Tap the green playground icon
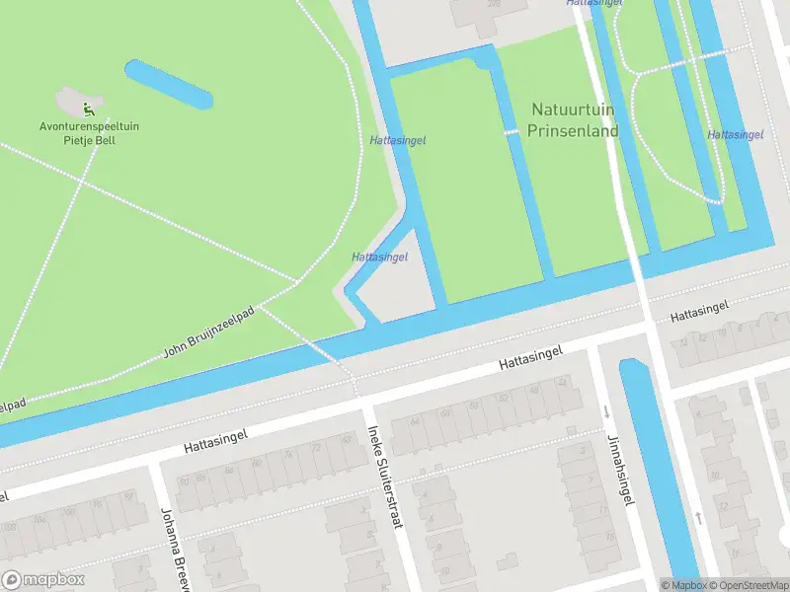[87, 109]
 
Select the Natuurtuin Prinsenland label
[574, 119]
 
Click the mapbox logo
[43, 580]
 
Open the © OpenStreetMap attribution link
[746, 585]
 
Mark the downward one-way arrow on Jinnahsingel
[606, 411]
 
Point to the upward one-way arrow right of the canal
[699, 517]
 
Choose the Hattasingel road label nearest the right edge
[699, 313]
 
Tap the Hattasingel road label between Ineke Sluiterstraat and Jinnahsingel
[530, 357]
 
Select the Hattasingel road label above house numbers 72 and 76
[214, 440]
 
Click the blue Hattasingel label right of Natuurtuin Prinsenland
[736, 134]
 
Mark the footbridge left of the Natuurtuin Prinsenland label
[510, 132]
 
